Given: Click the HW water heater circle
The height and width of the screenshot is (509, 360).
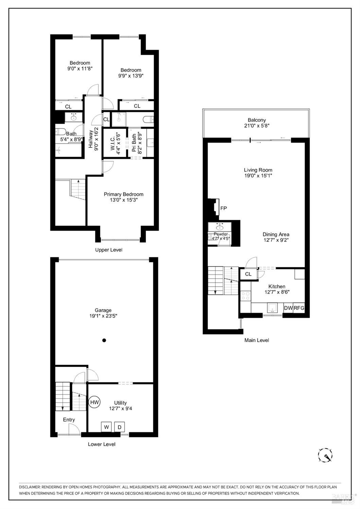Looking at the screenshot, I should [94, 402].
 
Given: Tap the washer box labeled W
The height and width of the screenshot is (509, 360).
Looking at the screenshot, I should [106, 427].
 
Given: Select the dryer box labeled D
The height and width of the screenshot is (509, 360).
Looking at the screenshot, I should [120, 427].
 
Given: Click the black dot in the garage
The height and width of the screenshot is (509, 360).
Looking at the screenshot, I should [104, 340].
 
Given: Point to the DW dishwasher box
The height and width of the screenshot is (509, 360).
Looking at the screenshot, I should [288, 308].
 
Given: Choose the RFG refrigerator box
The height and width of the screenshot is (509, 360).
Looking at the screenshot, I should [299, 308].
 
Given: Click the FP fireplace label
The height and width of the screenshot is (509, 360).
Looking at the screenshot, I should [223, 208].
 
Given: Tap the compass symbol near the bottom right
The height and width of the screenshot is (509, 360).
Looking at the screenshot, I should [325, 455].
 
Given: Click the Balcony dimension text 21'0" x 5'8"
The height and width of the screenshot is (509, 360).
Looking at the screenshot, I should [256, 126].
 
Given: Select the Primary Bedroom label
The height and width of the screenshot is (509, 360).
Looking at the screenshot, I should [123, 194].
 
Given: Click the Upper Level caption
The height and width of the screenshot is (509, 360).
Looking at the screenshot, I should [109, 250].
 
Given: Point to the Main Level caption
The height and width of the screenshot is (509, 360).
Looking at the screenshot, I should [256, 340].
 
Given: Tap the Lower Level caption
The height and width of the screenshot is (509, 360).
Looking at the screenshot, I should [102, 444].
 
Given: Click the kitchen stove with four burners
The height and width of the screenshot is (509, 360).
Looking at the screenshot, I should [246, 296].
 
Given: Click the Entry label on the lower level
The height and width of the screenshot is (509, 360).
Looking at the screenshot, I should [69, 420].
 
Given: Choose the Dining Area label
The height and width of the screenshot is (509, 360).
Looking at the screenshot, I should [276, 234].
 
